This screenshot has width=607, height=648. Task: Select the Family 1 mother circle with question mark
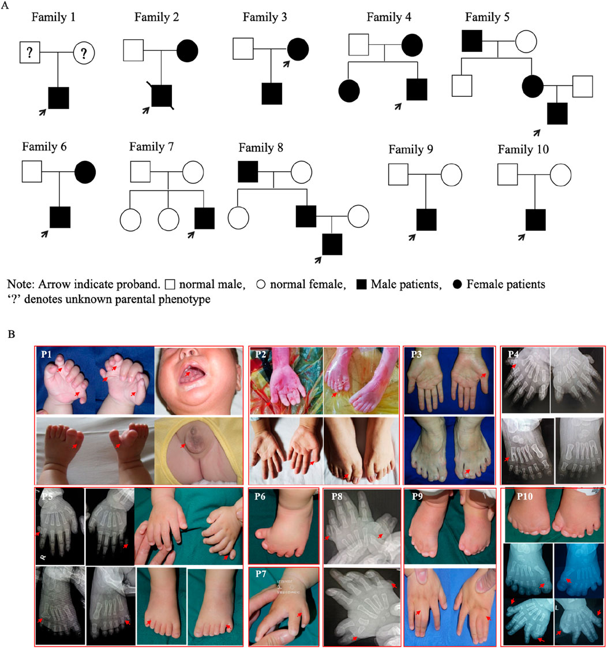coord(84,54)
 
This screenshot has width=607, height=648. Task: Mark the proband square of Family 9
coord(426,220)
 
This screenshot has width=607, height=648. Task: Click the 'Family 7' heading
coord(151,146)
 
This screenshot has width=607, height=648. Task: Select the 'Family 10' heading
coord(523,150)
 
